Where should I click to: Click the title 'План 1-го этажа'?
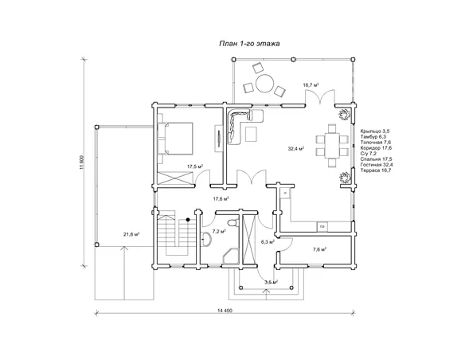point(249,44)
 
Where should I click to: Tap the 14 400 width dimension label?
point(225,311)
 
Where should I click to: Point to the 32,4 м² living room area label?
point(295,149)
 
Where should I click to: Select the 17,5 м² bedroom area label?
point(195,166)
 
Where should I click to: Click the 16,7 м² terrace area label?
point(311,85)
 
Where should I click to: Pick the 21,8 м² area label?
point(131,234)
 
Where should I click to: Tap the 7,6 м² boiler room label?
point(320,249)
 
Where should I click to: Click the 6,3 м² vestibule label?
point(268,242)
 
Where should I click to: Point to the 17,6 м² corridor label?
point(221,199)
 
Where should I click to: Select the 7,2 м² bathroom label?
point(219,231)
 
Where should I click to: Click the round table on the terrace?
point(265,84)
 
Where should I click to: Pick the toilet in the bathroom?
point(233,222)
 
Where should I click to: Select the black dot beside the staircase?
point(188,220)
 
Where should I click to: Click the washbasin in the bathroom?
point(207,239)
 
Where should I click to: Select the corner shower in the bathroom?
point(231,256)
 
